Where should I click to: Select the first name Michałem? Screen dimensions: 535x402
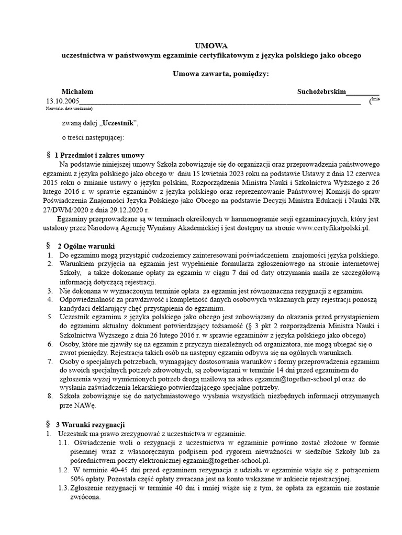(x=77, y=91)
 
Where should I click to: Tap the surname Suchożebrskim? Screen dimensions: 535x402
(x=321, y=91)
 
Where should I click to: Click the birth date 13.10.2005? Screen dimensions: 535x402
(x=63, y=101)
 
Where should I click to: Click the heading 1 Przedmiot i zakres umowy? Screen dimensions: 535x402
(x=99, y=156)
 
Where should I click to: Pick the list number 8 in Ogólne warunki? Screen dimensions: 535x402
(x=49, y=397)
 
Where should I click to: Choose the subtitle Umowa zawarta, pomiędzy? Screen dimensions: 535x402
(x=220, y=74)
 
